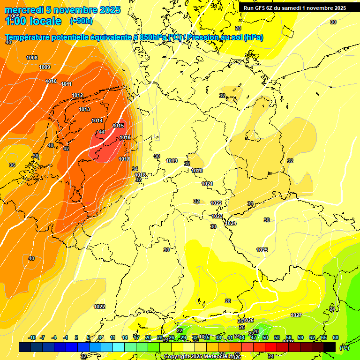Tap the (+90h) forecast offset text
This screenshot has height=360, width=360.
81,21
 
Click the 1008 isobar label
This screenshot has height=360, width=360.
32,58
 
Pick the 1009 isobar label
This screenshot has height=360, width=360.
45,67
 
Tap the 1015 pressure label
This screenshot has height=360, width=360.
118,126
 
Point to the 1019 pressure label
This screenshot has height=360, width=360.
172,161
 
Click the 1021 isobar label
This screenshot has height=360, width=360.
207,184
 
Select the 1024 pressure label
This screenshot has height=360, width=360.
231,223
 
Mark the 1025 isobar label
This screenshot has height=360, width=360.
262,250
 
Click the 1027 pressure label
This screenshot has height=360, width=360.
296,315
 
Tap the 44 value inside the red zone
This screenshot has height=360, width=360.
102,132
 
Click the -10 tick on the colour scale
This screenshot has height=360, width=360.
32,337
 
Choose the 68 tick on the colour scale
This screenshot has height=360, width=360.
336,337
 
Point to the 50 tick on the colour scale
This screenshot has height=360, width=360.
265,337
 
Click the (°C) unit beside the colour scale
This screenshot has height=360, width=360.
345,348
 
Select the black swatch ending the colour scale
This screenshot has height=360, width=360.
330,347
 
